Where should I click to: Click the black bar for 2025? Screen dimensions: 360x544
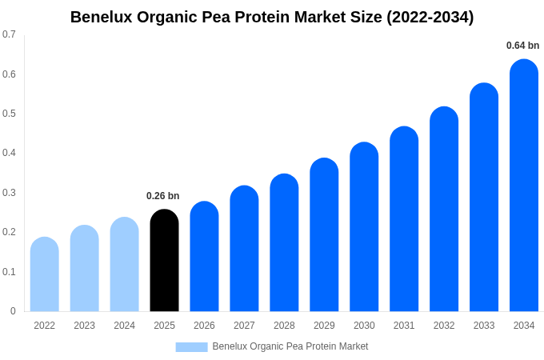click(164, 261)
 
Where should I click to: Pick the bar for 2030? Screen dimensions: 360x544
click(364, 227)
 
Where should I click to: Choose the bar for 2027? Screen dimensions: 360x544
click(244, 249)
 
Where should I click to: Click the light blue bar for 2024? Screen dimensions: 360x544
click(124, 265)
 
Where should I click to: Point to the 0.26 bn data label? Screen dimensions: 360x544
click(163, 196)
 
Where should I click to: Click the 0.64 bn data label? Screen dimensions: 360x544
click(522, 46)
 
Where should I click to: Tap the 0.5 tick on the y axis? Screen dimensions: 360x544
click(9, 114)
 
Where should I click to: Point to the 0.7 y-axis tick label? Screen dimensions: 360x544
click(9, 34)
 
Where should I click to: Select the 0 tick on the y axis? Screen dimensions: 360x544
click(13, 311)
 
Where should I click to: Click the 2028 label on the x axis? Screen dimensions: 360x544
click(284, 326)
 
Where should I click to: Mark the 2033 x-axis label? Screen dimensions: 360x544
click(484, 326)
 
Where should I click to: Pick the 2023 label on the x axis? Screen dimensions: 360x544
click(84, 326)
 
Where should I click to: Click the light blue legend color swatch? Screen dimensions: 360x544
click(191, 347)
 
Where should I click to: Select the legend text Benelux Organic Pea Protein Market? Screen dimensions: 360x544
click(290, 346)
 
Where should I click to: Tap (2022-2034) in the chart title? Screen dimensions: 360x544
click(430, 17)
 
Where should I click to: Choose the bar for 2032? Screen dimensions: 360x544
click(444, 210)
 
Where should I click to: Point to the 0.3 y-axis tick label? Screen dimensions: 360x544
click(9, 193)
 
